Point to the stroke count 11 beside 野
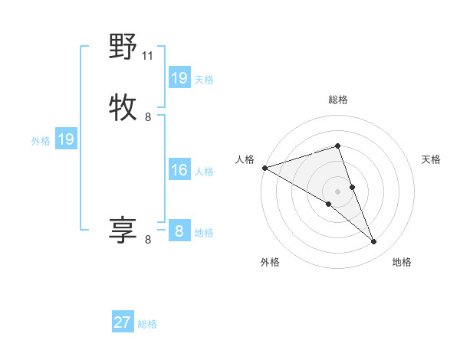click(148, 55)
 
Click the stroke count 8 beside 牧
click(148, 117)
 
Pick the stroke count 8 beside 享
click(148, 240)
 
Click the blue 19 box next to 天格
click(179, 78)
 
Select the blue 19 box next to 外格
click(65, 139)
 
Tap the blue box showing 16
click(179, 170)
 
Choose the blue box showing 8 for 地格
click(179, 231)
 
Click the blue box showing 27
click(123, 322)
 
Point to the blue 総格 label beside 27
click(147, 324)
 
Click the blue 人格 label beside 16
click(204, 172)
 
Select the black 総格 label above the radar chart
click(338, 100)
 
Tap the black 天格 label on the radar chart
click(432, 159)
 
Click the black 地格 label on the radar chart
click(402, 262)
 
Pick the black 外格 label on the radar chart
click(270, 262)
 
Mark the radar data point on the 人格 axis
click(264, 168)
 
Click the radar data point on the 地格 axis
click(373, 242)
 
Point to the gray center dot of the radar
click(337, 191)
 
